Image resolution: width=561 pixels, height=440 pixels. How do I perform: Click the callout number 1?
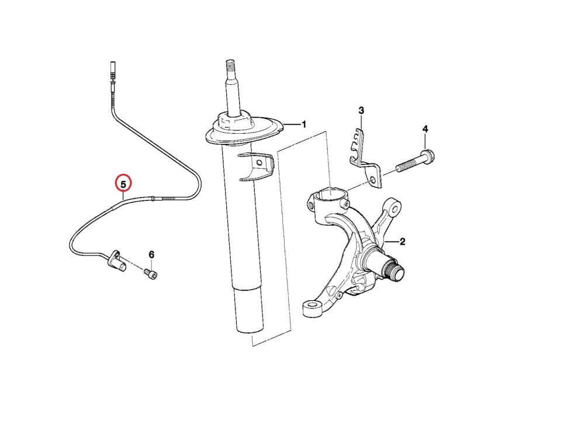304,124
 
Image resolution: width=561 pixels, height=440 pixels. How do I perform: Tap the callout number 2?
402,242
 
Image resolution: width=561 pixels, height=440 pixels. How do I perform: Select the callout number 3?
361,110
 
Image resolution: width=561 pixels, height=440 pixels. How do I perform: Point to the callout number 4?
425,129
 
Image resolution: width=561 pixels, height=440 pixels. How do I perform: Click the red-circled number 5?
123,185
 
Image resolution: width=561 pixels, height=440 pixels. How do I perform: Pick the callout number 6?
151,255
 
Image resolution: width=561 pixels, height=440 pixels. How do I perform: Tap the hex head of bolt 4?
428,157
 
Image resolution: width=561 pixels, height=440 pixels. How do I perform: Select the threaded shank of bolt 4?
408,164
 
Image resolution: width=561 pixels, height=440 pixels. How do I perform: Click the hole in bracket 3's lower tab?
373,180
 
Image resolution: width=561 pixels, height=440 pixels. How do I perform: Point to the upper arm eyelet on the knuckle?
393,207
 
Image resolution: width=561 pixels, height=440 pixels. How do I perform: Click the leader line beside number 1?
291,125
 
